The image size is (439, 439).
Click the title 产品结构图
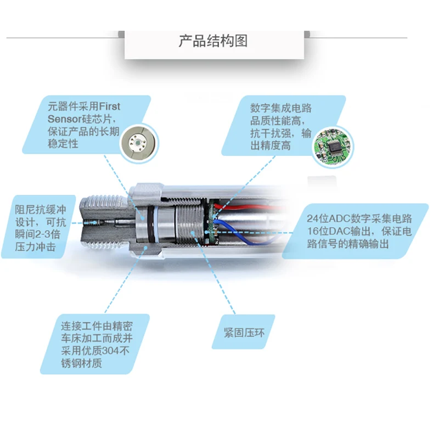[x=213, y=41]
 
